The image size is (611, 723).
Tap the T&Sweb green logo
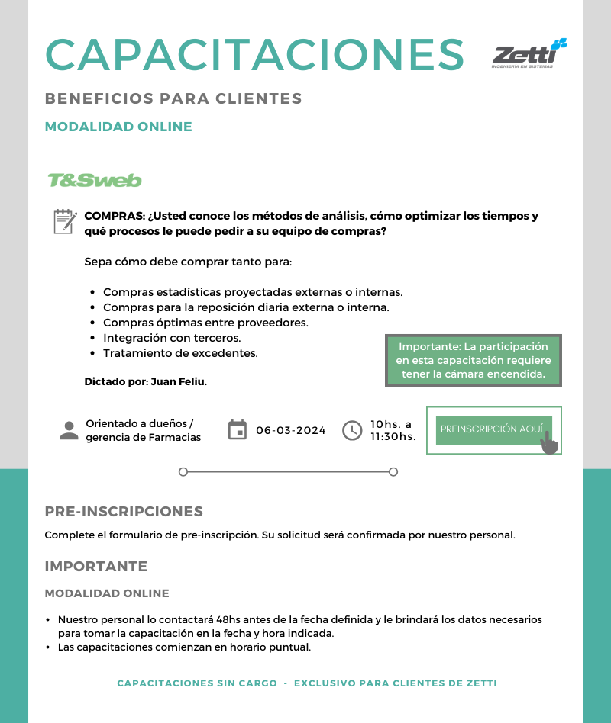tap(95, 181)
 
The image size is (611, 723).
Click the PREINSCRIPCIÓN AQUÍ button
tap(491, 429)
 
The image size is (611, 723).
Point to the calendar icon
tap(238, 430)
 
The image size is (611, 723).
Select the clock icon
tap(351, 430)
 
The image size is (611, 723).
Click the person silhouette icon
tap(70, 430)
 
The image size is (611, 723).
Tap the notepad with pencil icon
tap(65, 221)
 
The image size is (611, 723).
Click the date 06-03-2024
tap(291, 430)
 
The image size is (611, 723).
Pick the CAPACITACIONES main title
tap(255, 54)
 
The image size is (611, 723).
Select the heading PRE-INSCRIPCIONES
tap(124, 512)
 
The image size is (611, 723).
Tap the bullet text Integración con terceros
tap(172, 338)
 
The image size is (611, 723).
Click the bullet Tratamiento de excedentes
tap(180, 353)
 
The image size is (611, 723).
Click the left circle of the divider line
tap(183, 472)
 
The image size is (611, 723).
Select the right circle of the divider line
tap(393, 472)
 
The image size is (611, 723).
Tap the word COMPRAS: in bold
tap(115, 216)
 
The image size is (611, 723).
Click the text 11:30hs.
tap(393, 437)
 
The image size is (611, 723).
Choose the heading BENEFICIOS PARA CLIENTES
tap(173, 99)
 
